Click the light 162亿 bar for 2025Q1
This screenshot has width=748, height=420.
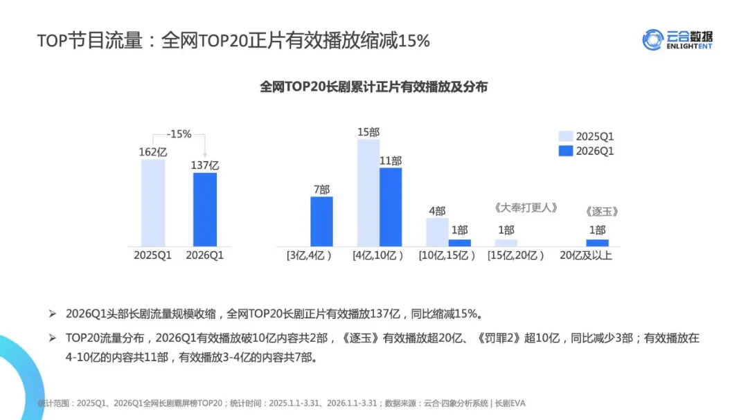[153, 203]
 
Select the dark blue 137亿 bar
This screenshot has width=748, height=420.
[205, 209]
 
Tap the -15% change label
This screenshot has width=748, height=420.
[179, 134]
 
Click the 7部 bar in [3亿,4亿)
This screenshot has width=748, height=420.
[321, 221]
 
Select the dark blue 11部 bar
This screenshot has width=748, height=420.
[391, 207]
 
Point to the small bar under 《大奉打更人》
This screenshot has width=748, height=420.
[506, 243]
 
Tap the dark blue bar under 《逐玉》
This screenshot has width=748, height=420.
[597, 243]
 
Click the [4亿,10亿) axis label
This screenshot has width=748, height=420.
[378, 255]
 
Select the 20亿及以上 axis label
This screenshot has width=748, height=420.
[586, 255]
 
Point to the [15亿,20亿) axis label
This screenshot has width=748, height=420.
[516, 255]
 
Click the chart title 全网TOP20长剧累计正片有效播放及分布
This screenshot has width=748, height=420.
[374, 87]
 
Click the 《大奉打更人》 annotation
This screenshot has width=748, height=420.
[526, 208]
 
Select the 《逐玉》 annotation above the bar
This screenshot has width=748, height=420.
[601, 212]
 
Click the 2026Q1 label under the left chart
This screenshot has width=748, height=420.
[205, 255]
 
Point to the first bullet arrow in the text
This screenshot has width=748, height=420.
[52, 313]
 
